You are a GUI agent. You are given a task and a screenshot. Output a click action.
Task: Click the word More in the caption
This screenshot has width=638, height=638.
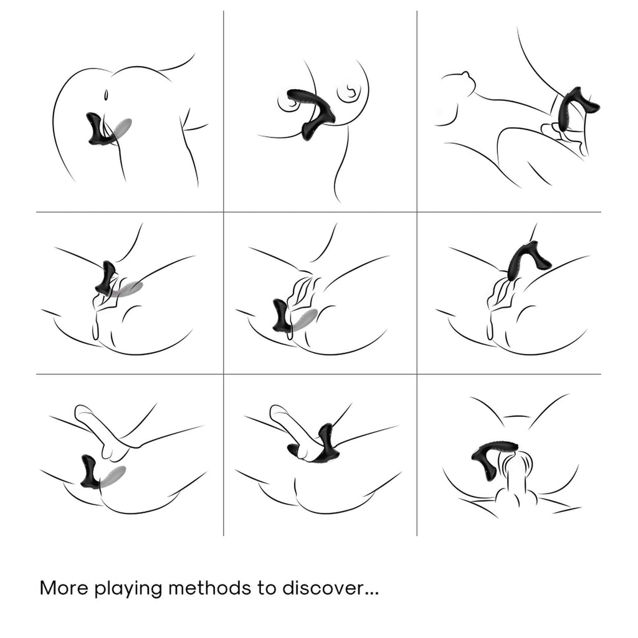pos(64,588)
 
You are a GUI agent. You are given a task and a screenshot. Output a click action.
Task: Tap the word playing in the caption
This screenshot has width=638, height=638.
pos(128,589)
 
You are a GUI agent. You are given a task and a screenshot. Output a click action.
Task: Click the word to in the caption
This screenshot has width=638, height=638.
pos(267,589)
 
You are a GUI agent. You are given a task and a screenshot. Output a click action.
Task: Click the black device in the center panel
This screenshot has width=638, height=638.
pos(282,317)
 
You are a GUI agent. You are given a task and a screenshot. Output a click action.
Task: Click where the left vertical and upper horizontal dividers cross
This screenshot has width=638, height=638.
pos(224,212)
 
